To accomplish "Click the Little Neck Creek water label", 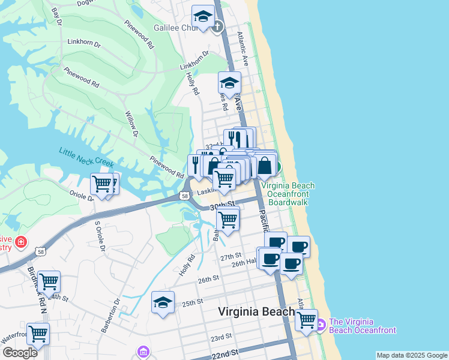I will tap(86, 157).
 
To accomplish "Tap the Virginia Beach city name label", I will tap(256, 311).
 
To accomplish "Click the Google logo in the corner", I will tap(20, 353).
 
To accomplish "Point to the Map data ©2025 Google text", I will tap(412, 355).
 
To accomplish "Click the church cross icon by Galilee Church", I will tap(217, 26).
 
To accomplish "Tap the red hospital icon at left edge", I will tap(22, 242).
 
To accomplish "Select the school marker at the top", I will tap(203, 16).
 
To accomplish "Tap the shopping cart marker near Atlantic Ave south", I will tap(307, 319).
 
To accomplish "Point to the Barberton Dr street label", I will tap(118, 311).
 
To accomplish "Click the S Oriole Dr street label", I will tap(100, 236).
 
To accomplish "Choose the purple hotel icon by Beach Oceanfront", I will tap(321, 325).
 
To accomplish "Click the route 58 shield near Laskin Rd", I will tap(185, 196).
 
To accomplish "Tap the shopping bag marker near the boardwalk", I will tap(266, 165).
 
